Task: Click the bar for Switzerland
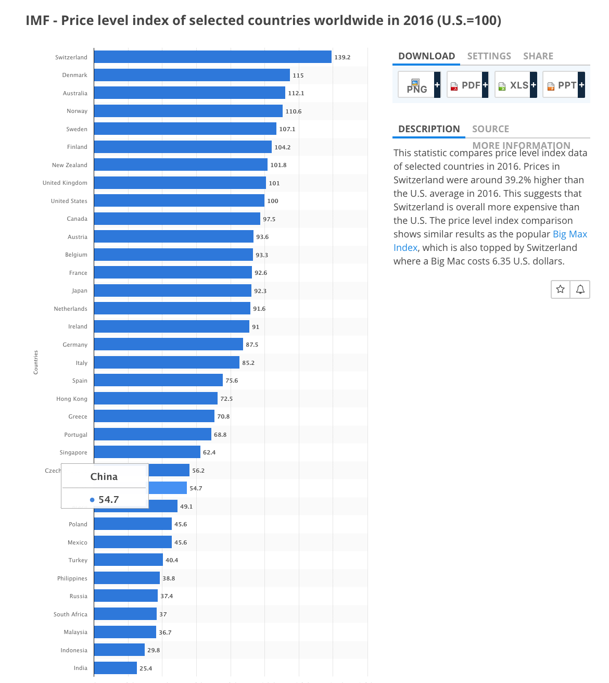point(212,57)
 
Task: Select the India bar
point(116,668)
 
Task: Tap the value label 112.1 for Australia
point(296,93)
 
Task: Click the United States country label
point(69,201)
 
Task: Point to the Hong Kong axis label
point(72,399)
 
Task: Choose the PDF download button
point(467,85)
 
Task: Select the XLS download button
point(515,85)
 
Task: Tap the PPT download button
point(563,85)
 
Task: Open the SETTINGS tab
point(489,56)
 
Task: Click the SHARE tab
point(538,56)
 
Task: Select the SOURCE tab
point(490,129)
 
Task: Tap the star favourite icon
point(560,289)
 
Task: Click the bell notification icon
point(580,289)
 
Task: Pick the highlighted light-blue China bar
point(168,488)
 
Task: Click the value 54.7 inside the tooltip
point(108,500)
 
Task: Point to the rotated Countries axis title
point(36,362)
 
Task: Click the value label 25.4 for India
point(146,668)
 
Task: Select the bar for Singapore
point(147,452)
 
